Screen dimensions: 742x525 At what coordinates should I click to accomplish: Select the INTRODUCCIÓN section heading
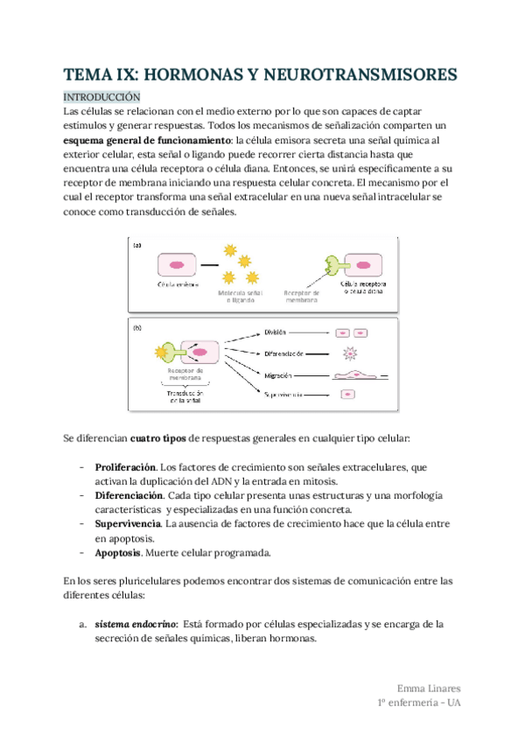102,97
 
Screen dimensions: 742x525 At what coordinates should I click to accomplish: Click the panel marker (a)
137,247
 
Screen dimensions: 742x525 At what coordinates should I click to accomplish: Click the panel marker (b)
137,329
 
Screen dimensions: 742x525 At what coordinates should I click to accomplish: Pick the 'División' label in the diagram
276,332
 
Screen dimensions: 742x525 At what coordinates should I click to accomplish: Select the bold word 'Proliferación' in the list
126,467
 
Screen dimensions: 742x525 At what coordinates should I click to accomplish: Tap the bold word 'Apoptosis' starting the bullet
120,553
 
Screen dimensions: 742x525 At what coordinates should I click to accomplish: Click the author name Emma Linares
428,688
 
